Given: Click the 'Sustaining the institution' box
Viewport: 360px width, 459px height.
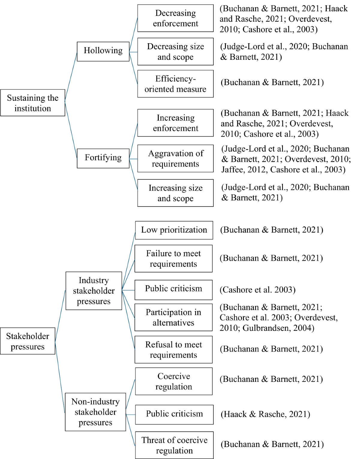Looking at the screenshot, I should click(33, 103).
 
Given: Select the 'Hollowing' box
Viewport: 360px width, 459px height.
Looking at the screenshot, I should click(103, 51).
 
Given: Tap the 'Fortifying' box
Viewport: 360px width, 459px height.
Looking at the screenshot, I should click(103, 158).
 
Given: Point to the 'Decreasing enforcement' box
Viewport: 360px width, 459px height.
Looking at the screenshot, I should click(175, 18).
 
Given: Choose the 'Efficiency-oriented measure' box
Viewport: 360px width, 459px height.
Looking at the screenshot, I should click(175, 84).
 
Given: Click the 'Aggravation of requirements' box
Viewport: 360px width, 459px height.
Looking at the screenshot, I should click(175, 159).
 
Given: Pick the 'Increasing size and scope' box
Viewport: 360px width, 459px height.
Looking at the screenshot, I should click(175, 193).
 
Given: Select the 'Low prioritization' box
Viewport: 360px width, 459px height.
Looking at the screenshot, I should click(174, 230).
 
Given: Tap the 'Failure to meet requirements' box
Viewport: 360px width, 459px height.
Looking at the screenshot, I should click(173, 258).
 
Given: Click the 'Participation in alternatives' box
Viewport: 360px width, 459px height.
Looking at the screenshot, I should click(173, 317).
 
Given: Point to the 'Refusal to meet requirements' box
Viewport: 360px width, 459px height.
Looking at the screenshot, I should click(173, 349).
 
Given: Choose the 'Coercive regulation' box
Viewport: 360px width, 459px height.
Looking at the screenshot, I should click(174, 381).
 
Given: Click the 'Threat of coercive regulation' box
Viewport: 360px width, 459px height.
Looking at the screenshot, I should click(174, 445).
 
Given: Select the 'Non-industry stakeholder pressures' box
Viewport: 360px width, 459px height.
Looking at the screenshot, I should click(95, 412).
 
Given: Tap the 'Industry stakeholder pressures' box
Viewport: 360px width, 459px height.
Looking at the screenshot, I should click(94, 291).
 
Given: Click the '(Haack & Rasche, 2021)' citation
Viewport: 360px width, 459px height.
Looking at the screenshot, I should click(265, 414).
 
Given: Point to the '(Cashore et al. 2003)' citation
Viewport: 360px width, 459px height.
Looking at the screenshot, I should click(257, 290).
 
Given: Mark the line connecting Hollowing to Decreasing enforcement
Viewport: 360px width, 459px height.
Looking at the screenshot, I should click(133, 35).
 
